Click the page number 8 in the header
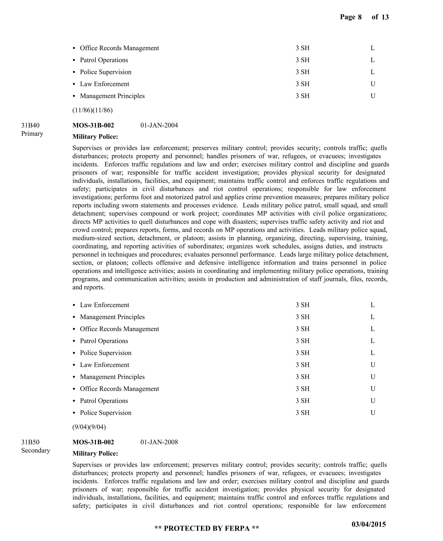360,17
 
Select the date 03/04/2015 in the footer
369,524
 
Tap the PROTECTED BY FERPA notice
207,528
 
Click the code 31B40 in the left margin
30,125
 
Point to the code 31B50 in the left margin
30,442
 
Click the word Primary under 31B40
32,134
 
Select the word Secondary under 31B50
35,450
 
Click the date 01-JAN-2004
159,125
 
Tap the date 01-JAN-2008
159,442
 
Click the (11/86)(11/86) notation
92,110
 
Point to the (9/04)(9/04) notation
89,427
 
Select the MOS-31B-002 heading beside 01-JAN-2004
93,125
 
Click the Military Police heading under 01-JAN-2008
95,453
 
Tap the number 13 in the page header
385,17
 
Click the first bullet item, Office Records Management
119,48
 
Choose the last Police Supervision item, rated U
106,413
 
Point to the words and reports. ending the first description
88,287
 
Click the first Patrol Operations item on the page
104,60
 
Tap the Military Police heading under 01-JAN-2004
95,137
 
